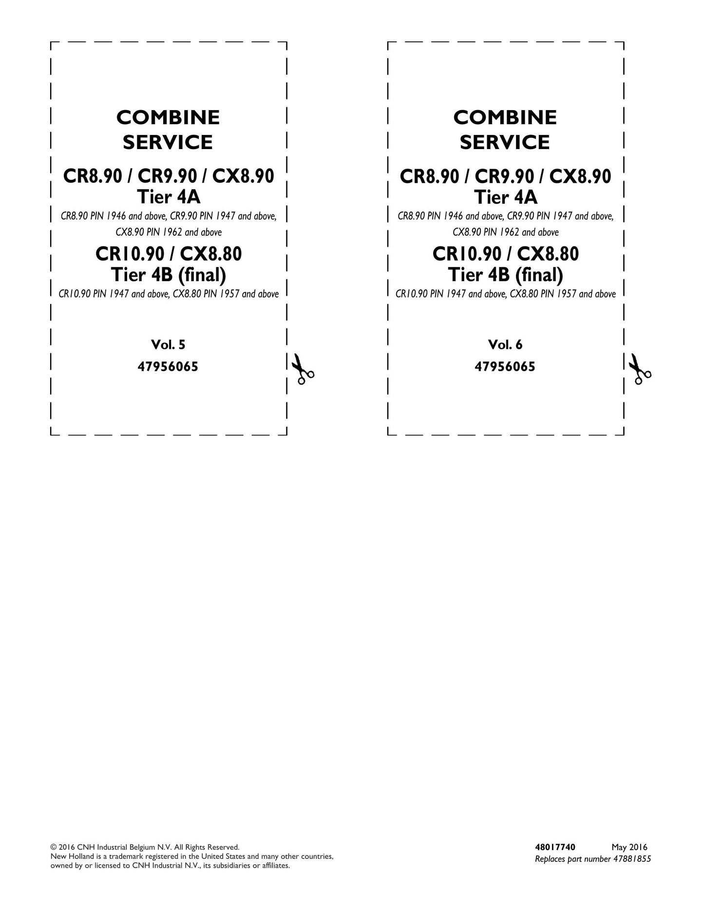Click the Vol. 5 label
pos(168,345)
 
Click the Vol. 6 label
pos(505,345)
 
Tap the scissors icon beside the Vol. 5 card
pos(302,369)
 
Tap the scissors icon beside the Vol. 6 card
pos(639,369)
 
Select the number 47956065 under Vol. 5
pos(168,367)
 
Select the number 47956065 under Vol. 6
pos(505,367)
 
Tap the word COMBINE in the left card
pos(168,117)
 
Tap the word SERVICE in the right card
pos(505,142)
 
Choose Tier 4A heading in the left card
pos(169,197)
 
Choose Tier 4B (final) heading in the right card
pos(506,275)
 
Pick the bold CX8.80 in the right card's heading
pos(548,254)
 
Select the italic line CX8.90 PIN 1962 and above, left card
pos(169,232)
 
